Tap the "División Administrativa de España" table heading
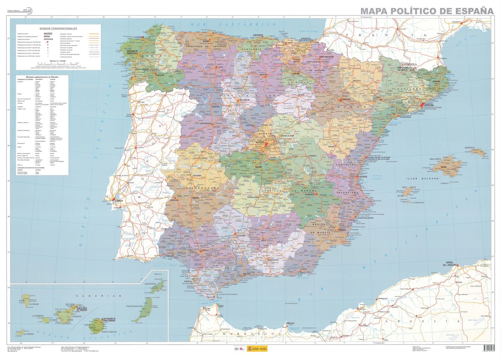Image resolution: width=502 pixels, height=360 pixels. tap(42, 77)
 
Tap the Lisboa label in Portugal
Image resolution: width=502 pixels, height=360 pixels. tap(119, 201)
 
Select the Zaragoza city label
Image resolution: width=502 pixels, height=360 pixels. tap(346, 99)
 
